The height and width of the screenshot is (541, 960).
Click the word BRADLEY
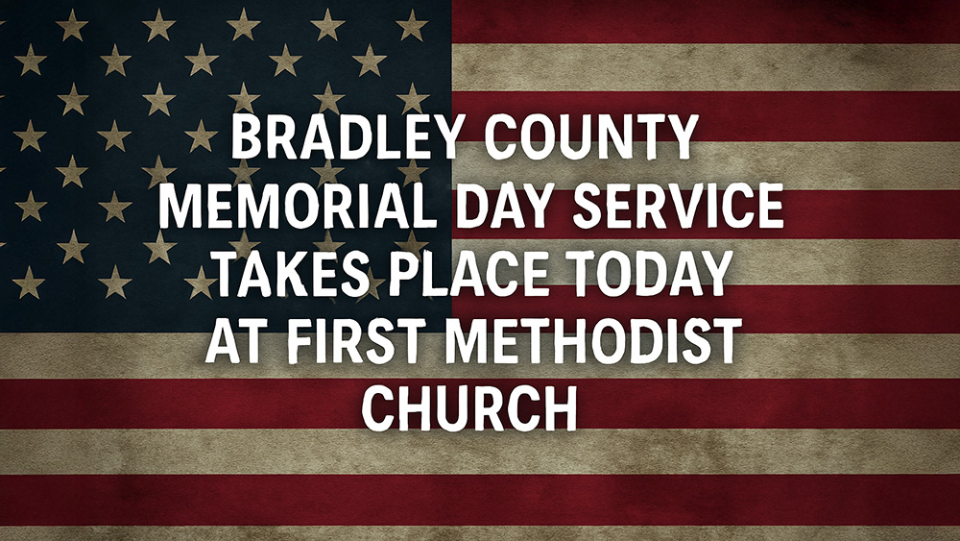[345, 136]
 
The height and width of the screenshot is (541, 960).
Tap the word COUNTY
[591, 136]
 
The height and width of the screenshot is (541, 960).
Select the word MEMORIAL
[299, 206]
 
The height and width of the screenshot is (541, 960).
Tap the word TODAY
[650, 273]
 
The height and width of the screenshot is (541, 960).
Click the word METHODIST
[593, 341]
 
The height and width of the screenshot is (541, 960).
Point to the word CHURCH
[469, 408]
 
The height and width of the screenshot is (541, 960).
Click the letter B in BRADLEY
[247, 136]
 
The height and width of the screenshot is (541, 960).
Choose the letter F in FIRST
[301, 341]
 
